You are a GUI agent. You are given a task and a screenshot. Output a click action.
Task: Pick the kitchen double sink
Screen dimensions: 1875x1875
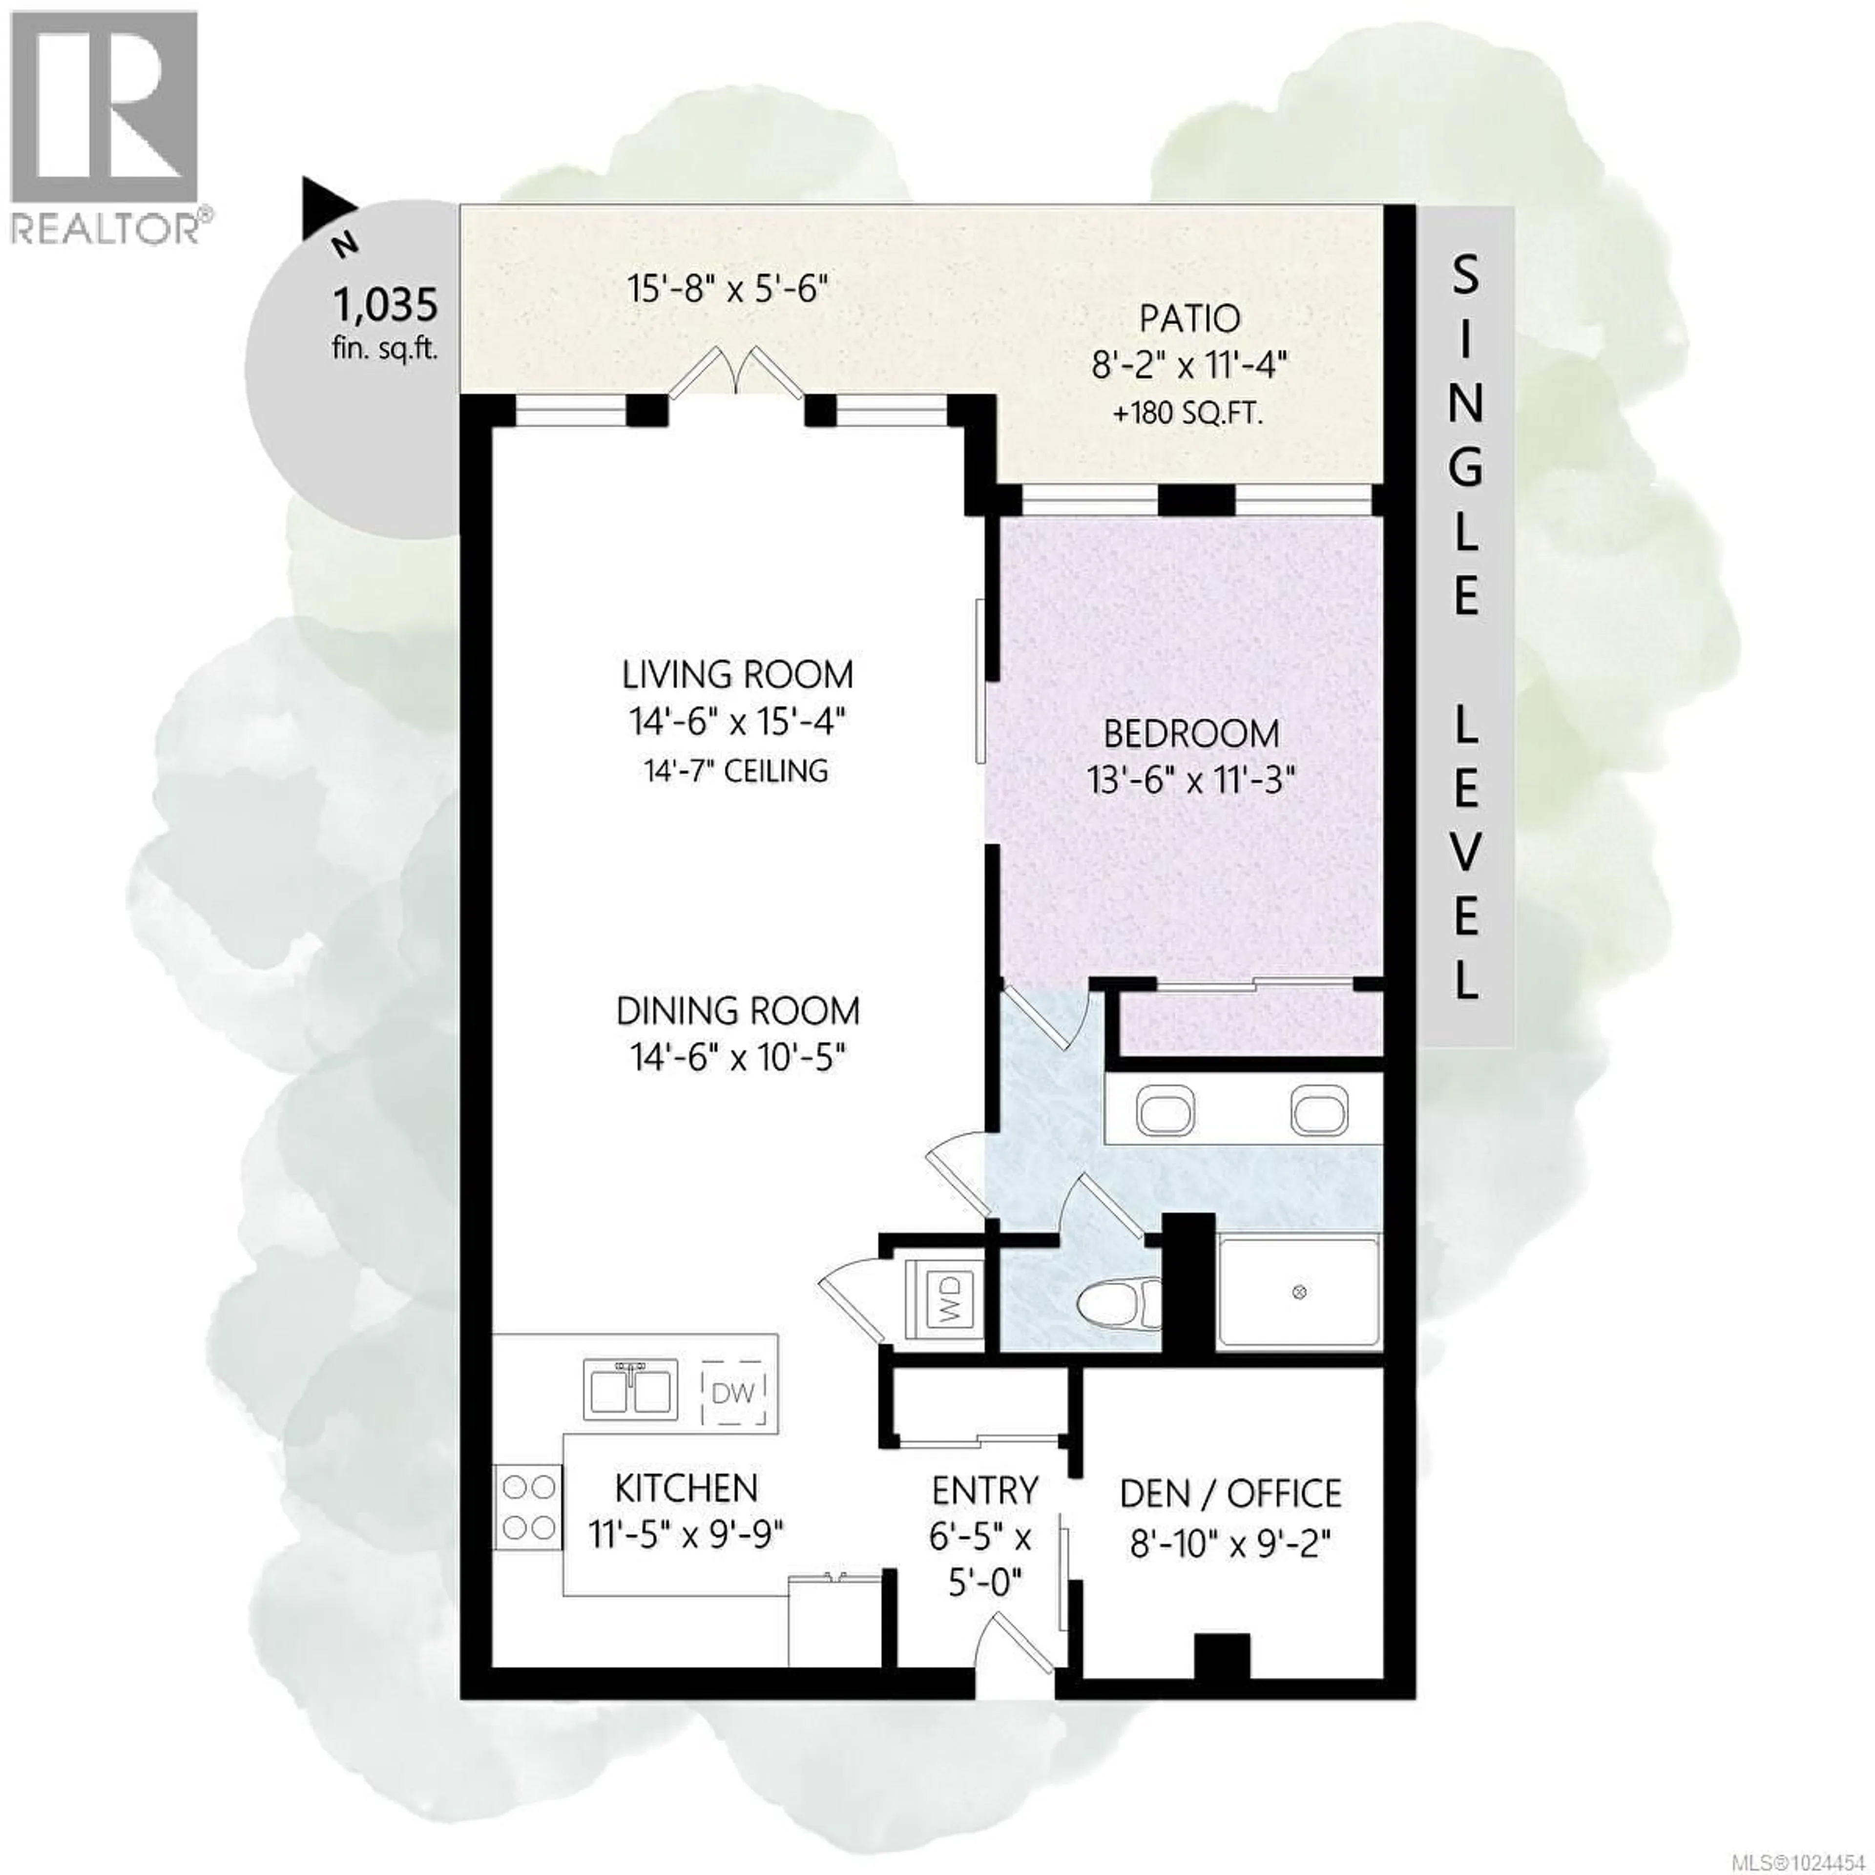(631, 1390)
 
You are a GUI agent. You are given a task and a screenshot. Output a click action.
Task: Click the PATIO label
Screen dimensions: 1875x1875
(1190, 318)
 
